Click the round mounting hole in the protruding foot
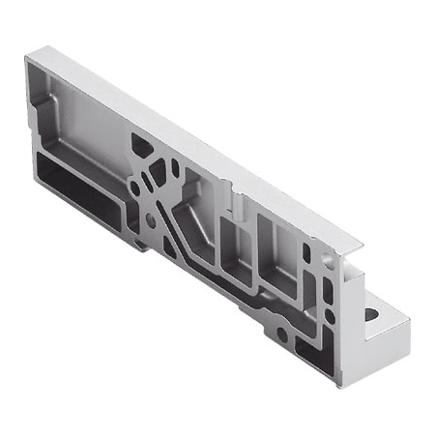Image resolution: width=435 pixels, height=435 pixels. coord(371,314)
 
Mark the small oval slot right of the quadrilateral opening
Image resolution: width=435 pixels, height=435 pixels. coord(175,167)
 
